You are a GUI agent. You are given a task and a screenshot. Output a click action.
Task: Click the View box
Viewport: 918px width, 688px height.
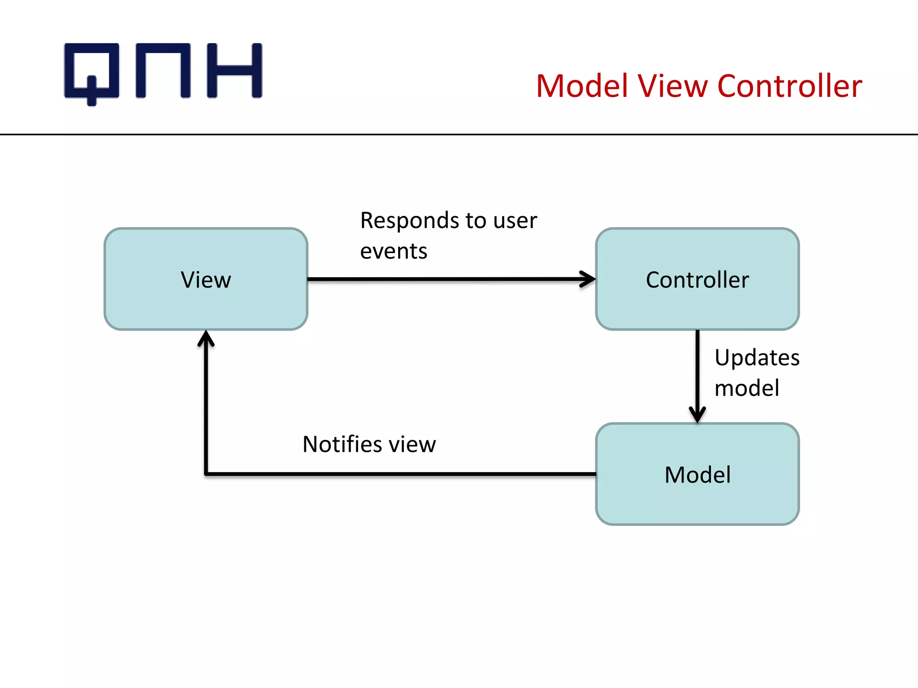pos(206,279)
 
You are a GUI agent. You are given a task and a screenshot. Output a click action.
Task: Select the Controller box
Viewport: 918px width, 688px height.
pos(697,279)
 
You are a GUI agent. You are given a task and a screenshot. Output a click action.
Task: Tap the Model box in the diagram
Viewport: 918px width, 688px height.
pos(697,474)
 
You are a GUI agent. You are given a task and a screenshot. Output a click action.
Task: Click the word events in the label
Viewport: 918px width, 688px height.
pos(394,251)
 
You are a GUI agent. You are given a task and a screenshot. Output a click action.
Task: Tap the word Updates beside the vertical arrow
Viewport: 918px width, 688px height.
pos(757,357)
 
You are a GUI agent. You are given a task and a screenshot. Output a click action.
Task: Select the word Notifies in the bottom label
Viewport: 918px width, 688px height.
pos(341,444)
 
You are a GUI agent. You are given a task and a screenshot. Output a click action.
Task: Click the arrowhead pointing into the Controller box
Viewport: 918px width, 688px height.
pos(588,279)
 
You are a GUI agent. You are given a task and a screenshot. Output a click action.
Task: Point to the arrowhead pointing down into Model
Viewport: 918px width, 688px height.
pos(697,415)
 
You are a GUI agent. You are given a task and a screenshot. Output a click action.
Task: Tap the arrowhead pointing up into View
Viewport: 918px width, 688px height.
pos(206,339)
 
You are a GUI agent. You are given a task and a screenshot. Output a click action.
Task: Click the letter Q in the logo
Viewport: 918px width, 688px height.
pos(92,72)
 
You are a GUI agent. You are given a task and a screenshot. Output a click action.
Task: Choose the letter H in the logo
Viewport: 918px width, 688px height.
pos(234,70)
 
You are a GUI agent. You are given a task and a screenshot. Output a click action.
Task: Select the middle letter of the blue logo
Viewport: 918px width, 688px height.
pos(163,70)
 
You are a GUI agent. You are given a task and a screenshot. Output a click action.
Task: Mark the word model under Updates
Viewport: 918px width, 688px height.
pos(746,388)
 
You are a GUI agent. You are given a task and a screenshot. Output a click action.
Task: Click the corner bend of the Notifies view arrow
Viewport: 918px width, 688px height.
pos(206,473)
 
